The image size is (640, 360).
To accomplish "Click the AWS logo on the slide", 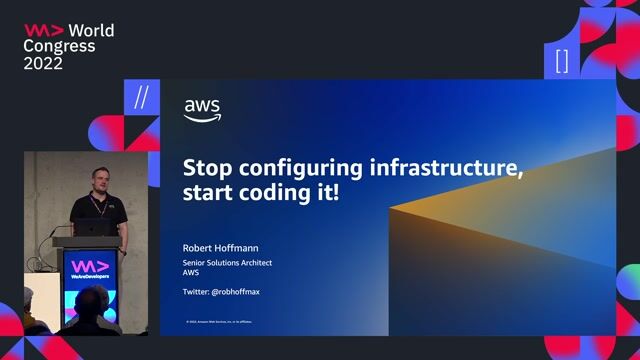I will [x=202, y=111].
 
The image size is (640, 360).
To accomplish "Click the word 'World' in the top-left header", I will [x=91, y=30].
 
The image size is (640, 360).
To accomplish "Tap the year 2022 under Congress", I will [x=43, y=63].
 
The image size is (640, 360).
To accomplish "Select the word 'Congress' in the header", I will [x=60, y=46].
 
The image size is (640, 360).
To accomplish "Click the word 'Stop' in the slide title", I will [x=206, y=168].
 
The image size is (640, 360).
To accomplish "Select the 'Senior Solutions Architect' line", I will [x=227, y=262].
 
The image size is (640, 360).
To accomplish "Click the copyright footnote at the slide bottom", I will [x=219, y=322].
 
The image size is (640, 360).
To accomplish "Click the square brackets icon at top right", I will [x=562, y=61].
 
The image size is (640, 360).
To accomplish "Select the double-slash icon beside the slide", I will [x=141, y=96].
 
